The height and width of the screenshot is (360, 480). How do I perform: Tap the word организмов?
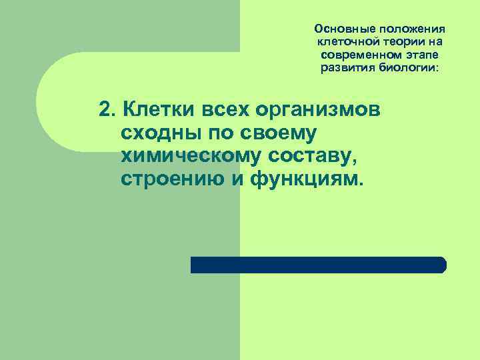[x=325, y=111]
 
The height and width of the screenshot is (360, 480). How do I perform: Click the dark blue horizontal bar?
[x=318, y=265]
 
